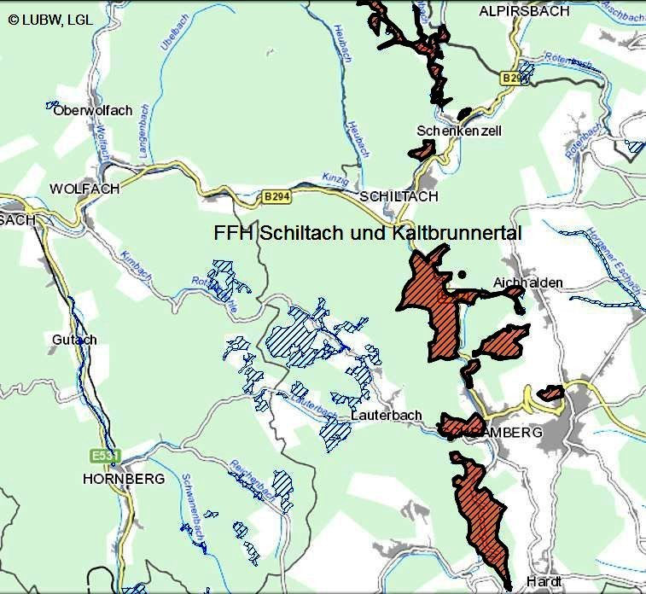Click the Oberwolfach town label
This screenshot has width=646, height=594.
coord(93,111)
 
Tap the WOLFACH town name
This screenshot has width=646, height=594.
coord(84,189)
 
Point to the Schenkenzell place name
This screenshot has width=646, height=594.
coord(459,131)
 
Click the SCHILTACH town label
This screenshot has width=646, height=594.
coord(399,196)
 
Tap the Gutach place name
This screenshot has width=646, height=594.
coord(74,340)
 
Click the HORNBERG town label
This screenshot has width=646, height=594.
coord(124,479)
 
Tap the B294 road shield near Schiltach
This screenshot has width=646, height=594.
coord(276,196)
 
